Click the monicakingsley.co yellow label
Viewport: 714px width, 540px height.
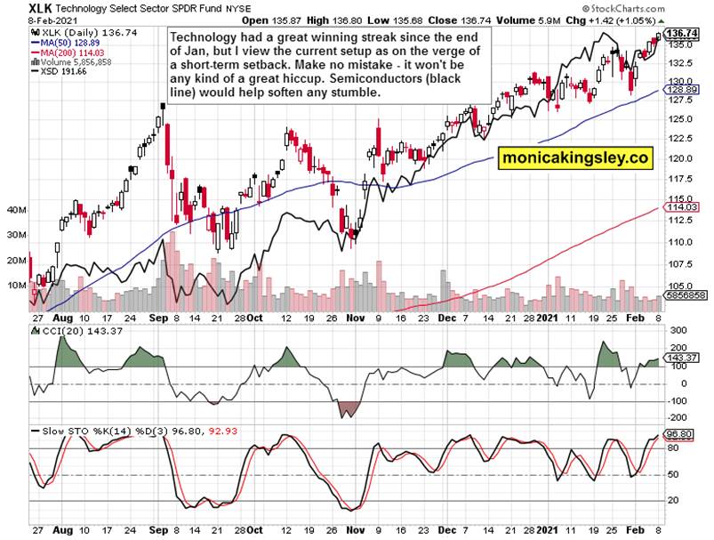pyautogui.click(x=575, y=157)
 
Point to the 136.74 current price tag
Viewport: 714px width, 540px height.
pyautogui.click(x=679, y=33)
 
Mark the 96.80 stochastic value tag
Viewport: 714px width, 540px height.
pyautogui.click(x=679, y=435)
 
